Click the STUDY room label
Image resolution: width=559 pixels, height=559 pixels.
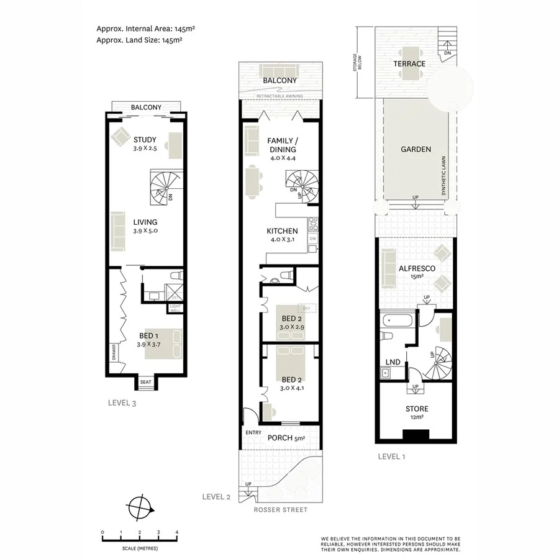pos(145,140)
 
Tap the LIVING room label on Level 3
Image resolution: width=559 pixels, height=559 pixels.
pos(145,222)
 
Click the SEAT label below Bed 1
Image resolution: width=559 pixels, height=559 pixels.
pos(146,383)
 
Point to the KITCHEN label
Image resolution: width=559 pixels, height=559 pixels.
pos(282,231)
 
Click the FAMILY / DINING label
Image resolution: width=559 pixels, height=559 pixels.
pos(281,145)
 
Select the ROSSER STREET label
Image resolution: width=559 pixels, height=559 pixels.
pos(280,510)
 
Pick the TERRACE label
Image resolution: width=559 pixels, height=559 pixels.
pos(409,64)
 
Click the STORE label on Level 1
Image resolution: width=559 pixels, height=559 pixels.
pos(416,409)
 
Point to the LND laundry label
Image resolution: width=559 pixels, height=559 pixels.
pos(393,361)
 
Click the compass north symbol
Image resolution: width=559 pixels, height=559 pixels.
pos(142,507)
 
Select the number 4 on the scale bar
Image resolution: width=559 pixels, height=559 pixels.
pos(178,532)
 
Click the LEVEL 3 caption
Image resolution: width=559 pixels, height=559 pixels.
pos(122,403)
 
